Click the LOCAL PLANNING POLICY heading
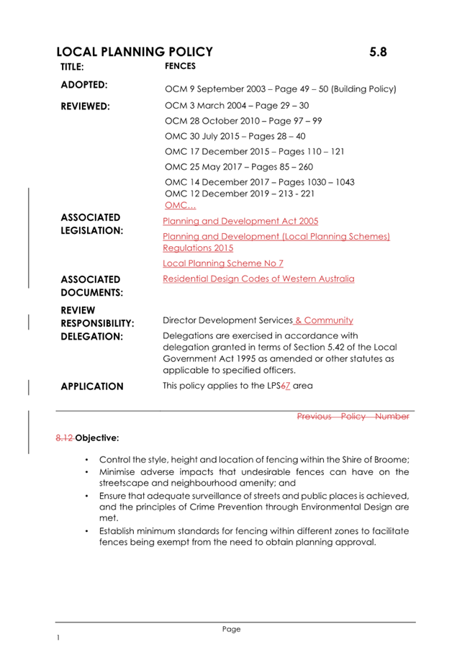coord(135,52)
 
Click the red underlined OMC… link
coord(176,205)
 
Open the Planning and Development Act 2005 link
coord(240,221)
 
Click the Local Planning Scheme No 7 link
coord(222,263)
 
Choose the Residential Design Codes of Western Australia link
coord(258,279)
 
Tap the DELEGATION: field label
coord(92,336)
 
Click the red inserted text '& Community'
coord(324,320)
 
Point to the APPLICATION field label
coord(92,386)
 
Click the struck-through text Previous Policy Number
coord(353,416)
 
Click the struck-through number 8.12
coord(65,437)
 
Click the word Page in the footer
coord(231,629)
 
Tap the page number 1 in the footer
coord(58,638)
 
